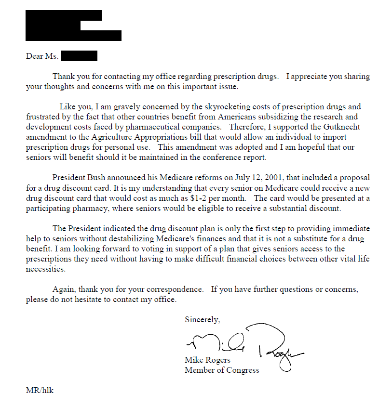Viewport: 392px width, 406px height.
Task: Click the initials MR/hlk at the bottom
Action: tap(40, 390)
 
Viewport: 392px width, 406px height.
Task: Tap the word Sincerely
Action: tap(203, 319)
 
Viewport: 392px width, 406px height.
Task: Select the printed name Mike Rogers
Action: tap(207, 360)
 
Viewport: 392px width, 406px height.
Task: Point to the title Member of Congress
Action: tap(222, 370)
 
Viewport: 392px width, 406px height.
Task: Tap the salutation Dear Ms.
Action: tap(42, 56)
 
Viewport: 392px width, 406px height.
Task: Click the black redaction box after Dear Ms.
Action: tap(80, 56)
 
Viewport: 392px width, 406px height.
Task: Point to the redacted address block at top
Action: tap(72, 26)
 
